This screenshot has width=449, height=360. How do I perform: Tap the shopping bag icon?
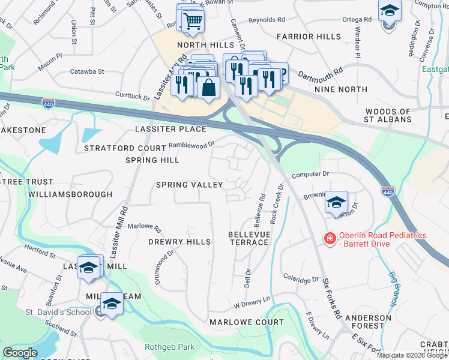point(208,87)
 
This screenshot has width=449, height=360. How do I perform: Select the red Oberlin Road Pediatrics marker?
point(330,239)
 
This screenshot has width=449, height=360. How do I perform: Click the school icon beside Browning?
point(337,202)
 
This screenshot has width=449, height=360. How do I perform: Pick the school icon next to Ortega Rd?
point(390,11)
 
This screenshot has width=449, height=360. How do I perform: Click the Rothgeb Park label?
point(170,347)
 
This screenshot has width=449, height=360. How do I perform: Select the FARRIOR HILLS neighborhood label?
point(309,37)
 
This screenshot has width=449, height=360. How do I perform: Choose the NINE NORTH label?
point(341,89)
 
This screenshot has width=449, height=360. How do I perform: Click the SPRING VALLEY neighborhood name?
point(189,185)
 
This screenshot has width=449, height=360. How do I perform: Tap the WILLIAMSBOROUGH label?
point(70,194)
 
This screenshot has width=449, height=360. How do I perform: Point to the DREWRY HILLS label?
point(179,241)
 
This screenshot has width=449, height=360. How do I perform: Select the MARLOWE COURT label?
point(246,322)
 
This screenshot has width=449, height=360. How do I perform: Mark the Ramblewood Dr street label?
point(191,145)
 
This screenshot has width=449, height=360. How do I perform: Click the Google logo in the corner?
point(20,353)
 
